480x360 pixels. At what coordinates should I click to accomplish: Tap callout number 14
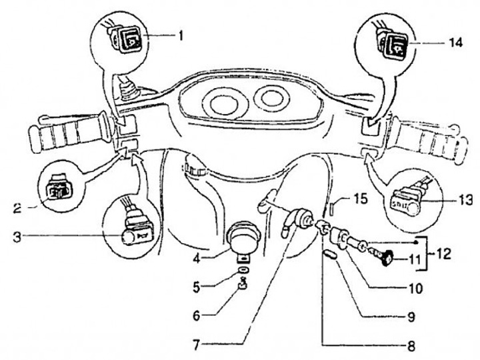pos(453,41)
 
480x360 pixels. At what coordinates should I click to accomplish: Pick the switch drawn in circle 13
pos(406,201)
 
